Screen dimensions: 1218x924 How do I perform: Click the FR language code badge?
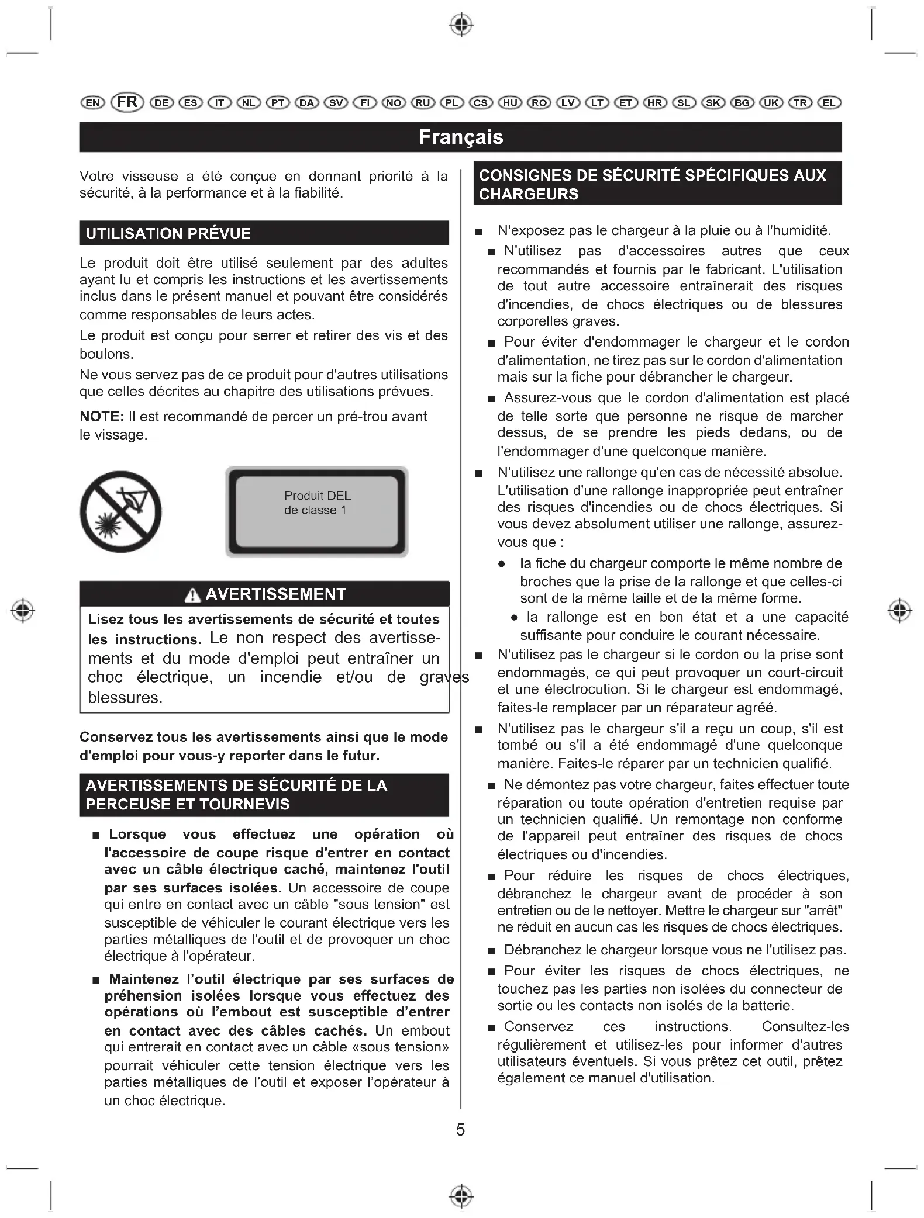[127, 102]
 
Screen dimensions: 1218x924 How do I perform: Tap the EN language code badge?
[92, 103]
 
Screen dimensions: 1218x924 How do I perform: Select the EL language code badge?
[829, 103]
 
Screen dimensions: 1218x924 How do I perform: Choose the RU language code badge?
[423, 103]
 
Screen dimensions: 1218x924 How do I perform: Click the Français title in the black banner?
[461, 137]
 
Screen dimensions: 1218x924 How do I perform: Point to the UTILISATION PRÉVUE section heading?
[168, 234]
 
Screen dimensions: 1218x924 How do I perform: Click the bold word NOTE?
[102, 417]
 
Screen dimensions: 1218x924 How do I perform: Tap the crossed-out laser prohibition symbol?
[121, 512]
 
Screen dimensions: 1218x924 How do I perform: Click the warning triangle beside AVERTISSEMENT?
[192, 595]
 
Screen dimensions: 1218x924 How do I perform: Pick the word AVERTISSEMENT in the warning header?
[276, 594]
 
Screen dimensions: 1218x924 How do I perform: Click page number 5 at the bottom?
[461, 1130]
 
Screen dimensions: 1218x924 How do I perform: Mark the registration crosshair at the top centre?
[461, 25]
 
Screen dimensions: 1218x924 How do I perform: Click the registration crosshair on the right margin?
[899, 611]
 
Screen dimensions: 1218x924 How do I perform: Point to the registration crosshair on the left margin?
[23, 611]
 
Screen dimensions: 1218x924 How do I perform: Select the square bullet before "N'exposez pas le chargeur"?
[479, 232]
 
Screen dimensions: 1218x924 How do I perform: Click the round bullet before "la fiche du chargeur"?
[502, 565]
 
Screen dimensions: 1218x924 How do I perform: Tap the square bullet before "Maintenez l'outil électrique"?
[96, 980]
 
